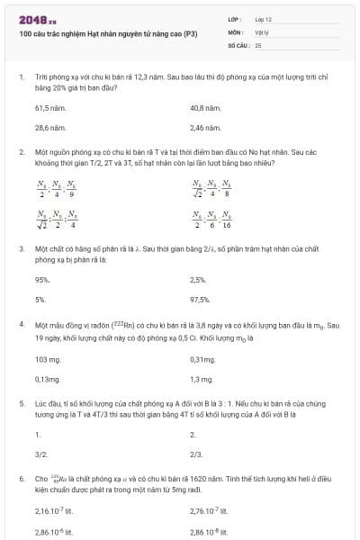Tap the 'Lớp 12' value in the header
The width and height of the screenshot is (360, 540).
coord(263,19)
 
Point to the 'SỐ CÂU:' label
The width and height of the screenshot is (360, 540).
coord(238,44)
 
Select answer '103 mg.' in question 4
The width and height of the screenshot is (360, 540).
coord(46,359)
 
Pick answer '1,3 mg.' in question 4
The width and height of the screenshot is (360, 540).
coord(201,379)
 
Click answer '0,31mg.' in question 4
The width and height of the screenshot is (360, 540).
coord(202,359)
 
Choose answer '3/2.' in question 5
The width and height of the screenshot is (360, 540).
coord(40,454)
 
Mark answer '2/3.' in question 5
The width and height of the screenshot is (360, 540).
coord(196,454)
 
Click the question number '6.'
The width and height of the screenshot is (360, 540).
coord(22,479)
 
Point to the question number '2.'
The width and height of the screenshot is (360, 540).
coord(22,153)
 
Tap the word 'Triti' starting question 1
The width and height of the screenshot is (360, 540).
coord(41,77)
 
